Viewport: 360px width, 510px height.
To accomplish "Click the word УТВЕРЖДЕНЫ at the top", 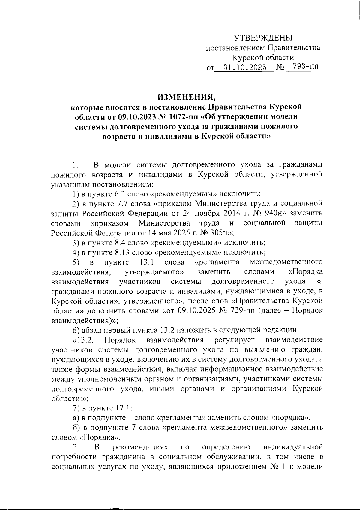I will (x=263, y=38).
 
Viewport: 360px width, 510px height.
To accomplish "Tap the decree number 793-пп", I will (x=304, y=67).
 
